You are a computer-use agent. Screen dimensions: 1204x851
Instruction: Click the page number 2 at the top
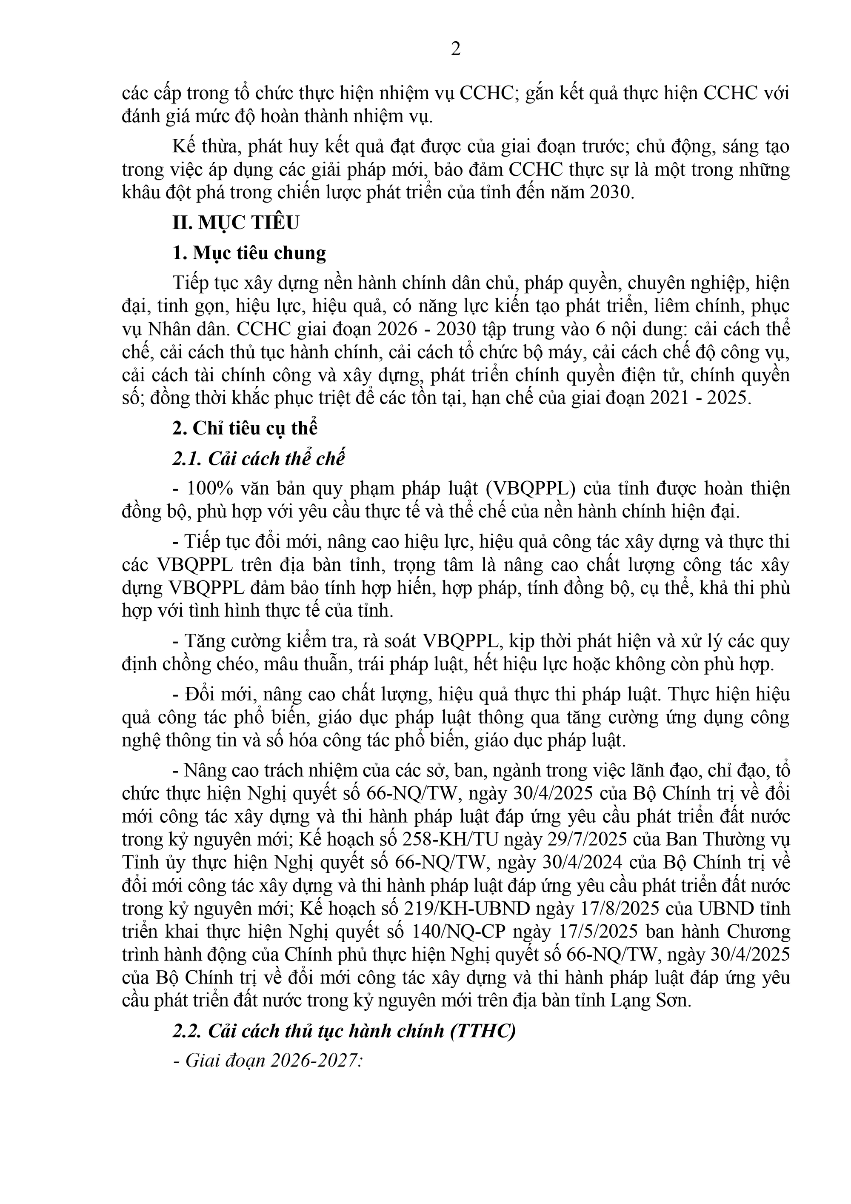[456, 49]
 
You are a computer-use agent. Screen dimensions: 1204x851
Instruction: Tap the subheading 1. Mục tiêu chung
[249, 253]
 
